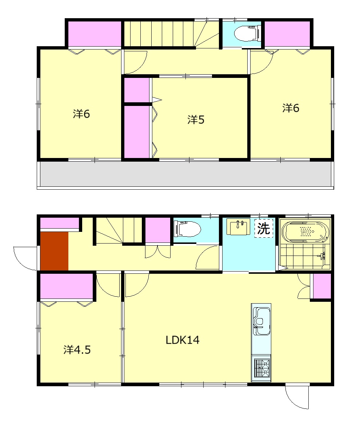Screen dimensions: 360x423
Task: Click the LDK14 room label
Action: tap(183, 340)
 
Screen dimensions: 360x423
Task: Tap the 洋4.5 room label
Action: tap(77, 349)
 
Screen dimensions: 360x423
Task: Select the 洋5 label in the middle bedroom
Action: tap(196, 119)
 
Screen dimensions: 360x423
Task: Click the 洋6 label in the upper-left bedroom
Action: tap(81, 114)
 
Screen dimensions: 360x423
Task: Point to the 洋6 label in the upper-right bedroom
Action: tap(291, 108)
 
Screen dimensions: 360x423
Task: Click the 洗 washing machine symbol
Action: tap(264, 228)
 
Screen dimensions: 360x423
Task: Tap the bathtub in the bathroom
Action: tap(305, 232)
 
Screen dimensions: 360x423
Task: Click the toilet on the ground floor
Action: tap(188, 229)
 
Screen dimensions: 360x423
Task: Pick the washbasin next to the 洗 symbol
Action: tap(238, 226)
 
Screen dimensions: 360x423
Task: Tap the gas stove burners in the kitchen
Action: tap(261, 368)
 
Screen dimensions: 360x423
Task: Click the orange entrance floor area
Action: tap(54, 251)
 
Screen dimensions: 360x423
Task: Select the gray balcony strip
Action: tap(185, 174)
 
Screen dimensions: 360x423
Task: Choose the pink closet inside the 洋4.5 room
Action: tap(67, 286)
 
